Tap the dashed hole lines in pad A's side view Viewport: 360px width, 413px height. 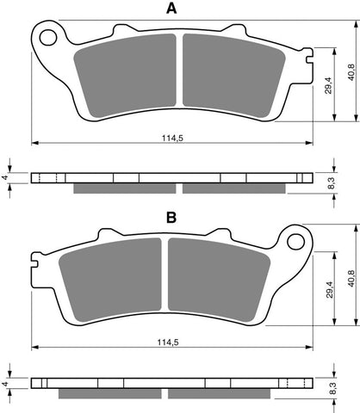tap(48, 178)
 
